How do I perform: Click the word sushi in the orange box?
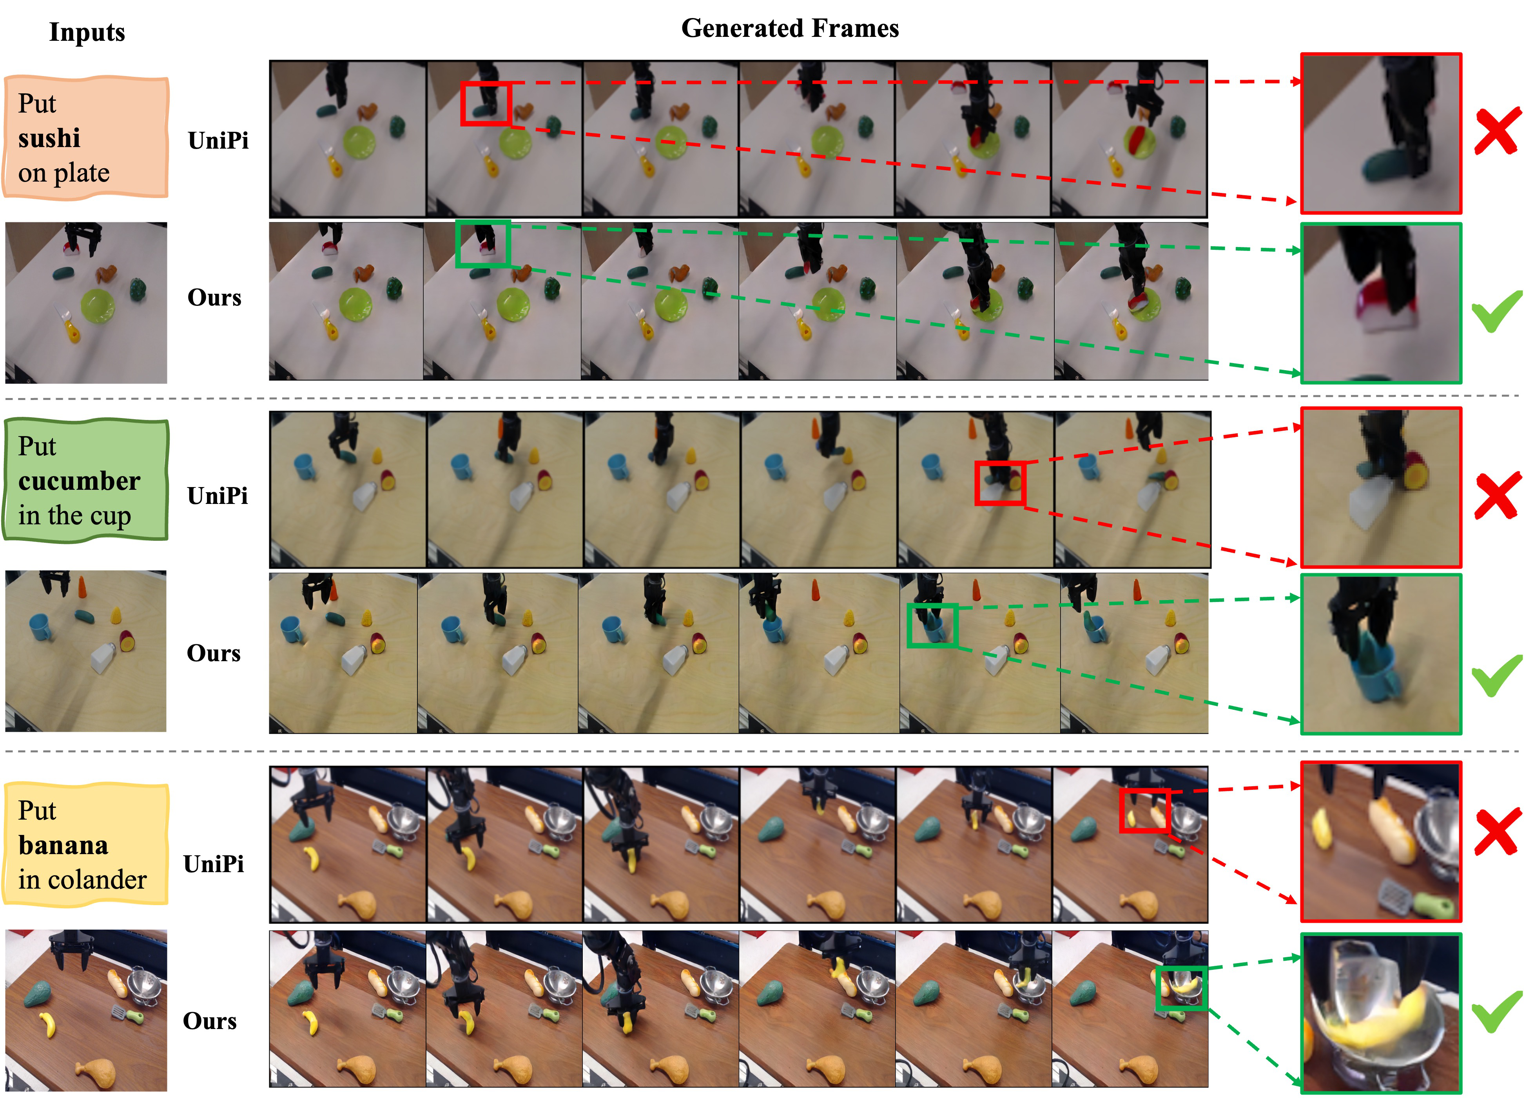(x=49, y=138)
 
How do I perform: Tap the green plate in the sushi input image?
(x=98, y=306)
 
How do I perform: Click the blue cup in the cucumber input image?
(x=42, y=627)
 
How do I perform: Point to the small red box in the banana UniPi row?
(x=1144, y=811)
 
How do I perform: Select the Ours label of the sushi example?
(x=214, y=297)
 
